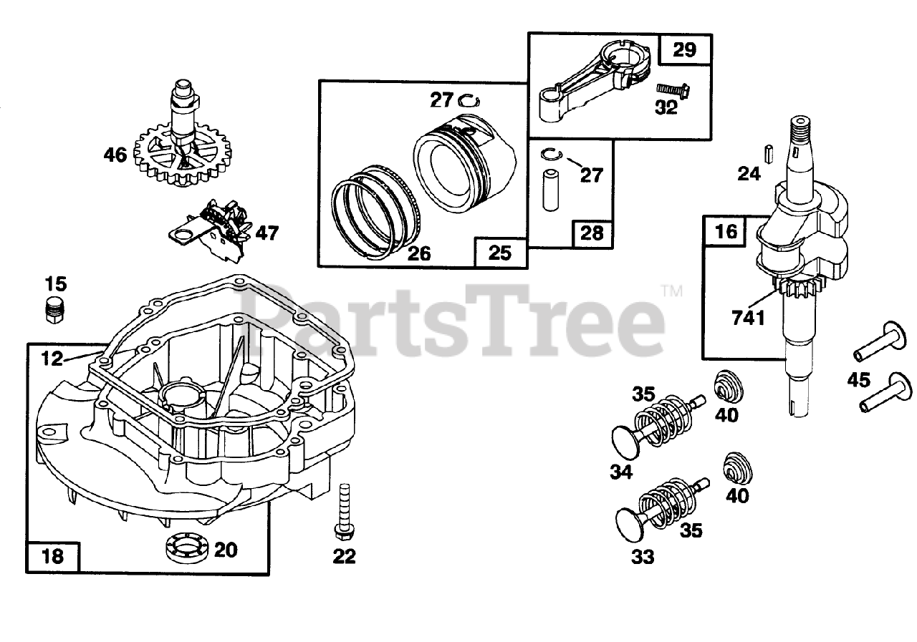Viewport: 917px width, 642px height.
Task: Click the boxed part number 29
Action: point(684,50)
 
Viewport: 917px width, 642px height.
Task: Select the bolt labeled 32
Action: point(670,91)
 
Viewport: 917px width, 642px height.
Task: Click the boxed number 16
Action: point(725,231)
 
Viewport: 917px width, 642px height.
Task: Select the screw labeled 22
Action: point(342,511)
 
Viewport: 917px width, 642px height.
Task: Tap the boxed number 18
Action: point(53,555)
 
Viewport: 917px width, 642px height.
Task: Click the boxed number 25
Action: point(501,252)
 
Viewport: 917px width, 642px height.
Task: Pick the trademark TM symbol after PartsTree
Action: point(671,291)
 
